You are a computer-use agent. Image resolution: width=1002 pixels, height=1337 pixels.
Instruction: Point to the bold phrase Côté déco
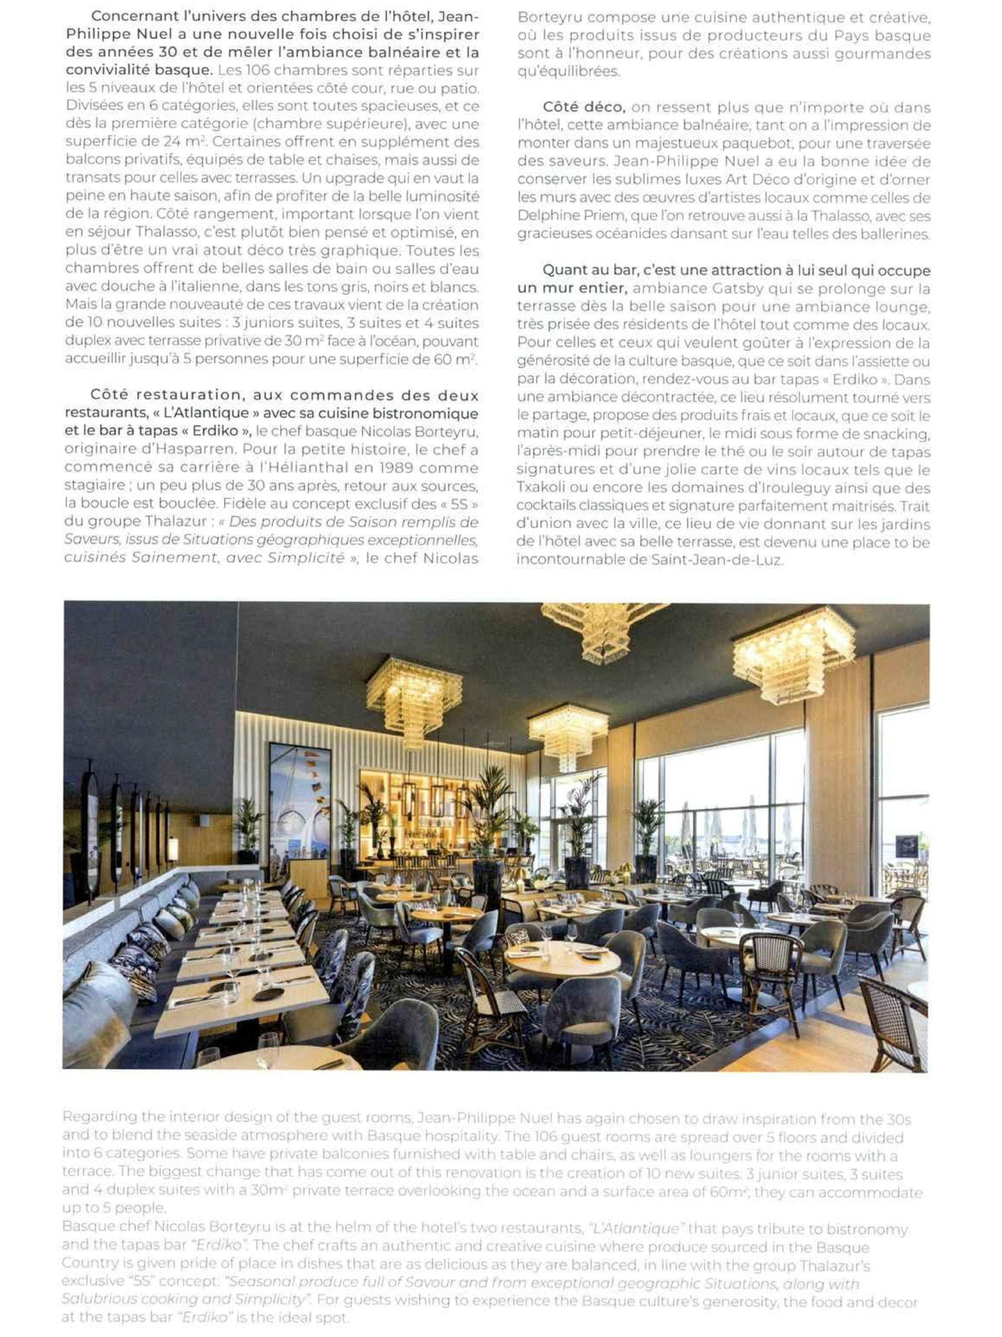pyautogui.click(x=584, y=108)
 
